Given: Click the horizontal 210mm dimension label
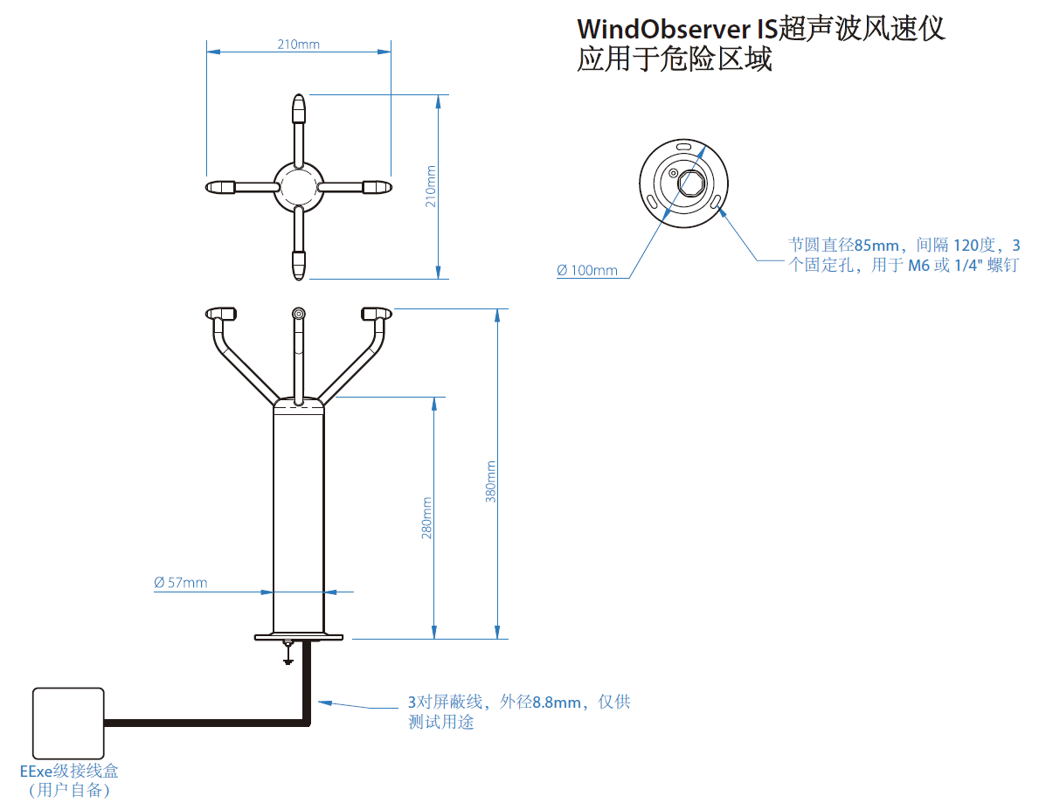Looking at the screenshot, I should click(x=299, y=44).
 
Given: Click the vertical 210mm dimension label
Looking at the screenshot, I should click(x=430, y=186).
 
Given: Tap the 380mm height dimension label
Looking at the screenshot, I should click(x=491, y=481).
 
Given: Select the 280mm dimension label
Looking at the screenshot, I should click(x=427, y=517).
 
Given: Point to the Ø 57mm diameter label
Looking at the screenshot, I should click(x=181, y=582).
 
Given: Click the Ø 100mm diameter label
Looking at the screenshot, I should click(x=587, y=270).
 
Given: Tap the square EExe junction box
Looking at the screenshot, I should click(x=68, y=723).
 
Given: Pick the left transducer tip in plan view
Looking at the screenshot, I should click(x=220, y=187).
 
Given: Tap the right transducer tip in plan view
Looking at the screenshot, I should click(x=377, y=187).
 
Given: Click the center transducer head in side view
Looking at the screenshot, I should click(x=299, y=314).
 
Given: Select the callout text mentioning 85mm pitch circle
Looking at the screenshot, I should click(x=904, y=255).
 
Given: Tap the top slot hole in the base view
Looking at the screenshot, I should click(x=684, y=147).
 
